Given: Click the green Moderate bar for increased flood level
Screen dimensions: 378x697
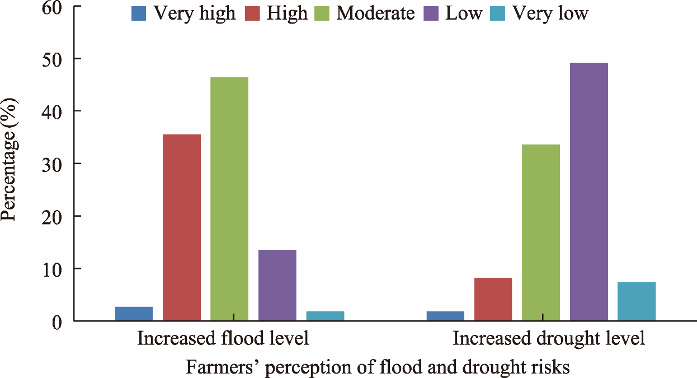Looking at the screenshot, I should point(229,199).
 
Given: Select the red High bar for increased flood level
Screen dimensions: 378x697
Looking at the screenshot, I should point(182,227).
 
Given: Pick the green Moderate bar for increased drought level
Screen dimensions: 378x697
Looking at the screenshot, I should point(541,232).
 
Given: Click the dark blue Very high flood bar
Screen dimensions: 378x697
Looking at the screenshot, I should point(134,314).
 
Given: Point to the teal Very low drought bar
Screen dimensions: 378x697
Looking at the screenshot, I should point(637,301).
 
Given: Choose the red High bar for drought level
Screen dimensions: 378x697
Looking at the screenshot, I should point(493,299).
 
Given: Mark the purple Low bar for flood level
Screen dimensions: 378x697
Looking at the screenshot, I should point(277,285).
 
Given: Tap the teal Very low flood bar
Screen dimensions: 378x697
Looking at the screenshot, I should point(325,316).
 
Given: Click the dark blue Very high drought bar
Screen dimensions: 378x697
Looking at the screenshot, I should point(445,316).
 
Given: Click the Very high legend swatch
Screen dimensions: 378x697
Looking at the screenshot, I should point(139,13).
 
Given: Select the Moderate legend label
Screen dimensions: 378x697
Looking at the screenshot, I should point(375,13).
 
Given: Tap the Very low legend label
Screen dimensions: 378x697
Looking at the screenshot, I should point(550,13).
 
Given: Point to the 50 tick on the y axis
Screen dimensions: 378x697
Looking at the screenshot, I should point(54,59).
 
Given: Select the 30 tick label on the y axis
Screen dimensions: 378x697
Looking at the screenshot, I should point(54,164).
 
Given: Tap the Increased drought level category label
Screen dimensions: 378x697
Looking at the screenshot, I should point(548,339).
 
